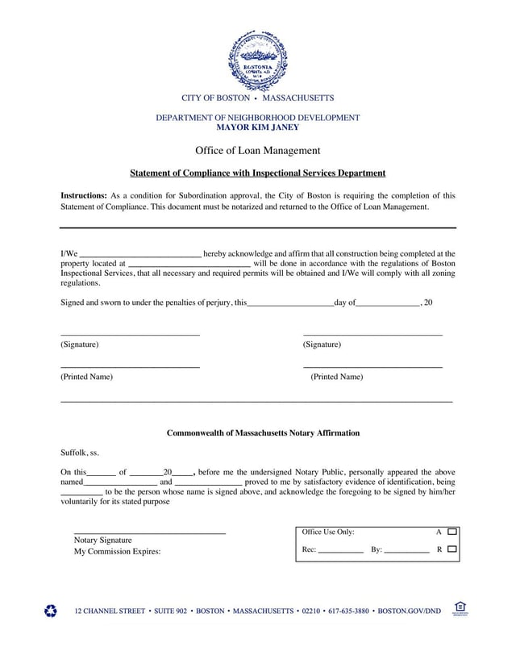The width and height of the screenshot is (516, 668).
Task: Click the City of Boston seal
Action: coord(257,61)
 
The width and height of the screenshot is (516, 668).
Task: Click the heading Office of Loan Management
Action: coord(257,150)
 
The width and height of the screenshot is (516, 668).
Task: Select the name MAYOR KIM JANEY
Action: coord(257,127)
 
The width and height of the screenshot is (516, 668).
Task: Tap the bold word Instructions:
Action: coord(84,195)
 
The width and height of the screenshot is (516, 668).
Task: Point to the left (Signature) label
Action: coord(80,344)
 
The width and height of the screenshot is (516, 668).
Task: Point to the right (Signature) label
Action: coord(322,344)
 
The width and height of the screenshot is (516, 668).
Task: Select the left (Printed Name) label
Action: coord(87,377)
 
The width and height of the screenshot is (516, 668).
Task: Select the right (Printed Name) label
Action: coord(337,377)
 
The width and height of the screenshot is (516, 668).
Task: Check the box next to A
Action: coord(451,532)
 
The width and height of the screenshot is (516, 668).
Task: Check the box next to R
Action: coord(451,549)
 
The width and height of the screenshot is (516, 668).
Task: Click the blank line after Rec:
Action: coord(341,551)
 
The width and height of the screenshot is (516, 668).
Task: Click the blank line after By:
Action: coord(406,551)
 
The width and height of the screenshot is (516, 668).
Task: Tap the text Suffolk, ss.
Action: coord(80,453)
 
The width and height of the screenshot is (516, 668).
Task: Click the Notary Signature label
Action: coord(102,539)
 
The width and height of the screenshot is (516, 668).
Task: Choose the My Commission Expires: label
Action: coord(117,552)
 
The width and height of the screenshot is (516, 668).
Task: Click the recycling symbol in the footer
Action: coord(51,612)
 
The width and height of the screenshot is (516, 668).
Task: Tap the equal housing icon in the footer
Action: coord(460,609)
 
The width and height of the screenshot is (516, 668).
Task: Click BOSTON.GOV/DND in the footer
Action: coord(410,612)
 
